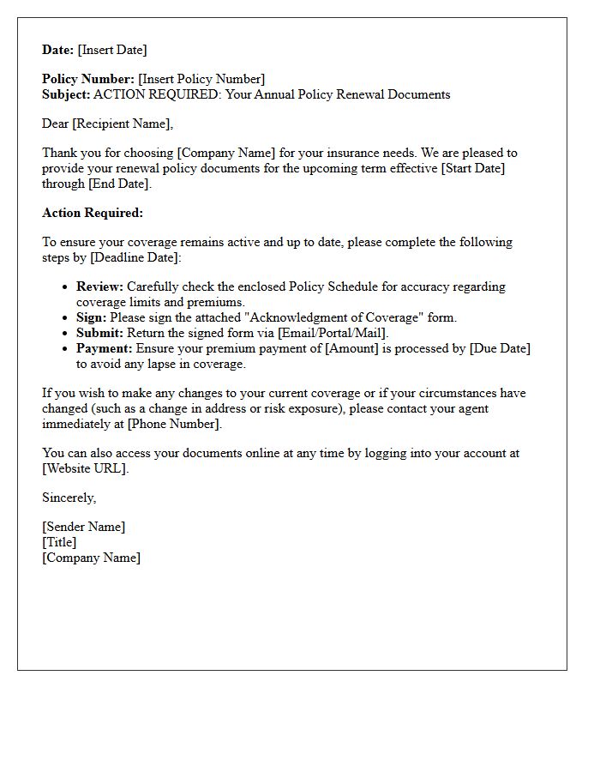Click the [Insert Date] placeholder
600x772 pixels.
pos(112,50)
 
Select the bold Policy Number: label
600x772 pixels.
pos(88,79)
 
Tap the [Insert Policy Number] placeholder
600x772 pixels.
pos(201,79)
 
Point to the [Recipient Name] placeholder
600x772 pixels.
pos(122,124)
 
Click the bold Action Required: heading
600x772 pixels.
pos(93,213)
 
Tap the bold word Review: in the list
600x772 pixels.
pos(99,286)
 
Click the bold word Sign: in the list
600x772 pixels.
pos(91,317)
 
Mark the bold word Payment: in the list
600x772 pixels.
pos(105,348)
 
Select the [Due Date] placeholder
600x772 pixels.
pos(500,348)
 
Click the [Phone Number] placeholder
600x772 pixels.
pos(174,424)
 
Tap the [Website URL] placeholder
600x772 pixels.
pos(85,468)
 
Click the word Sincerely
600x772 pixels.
pos(69,498)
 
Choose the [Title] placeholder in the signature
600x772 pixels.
pos(59,542)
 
